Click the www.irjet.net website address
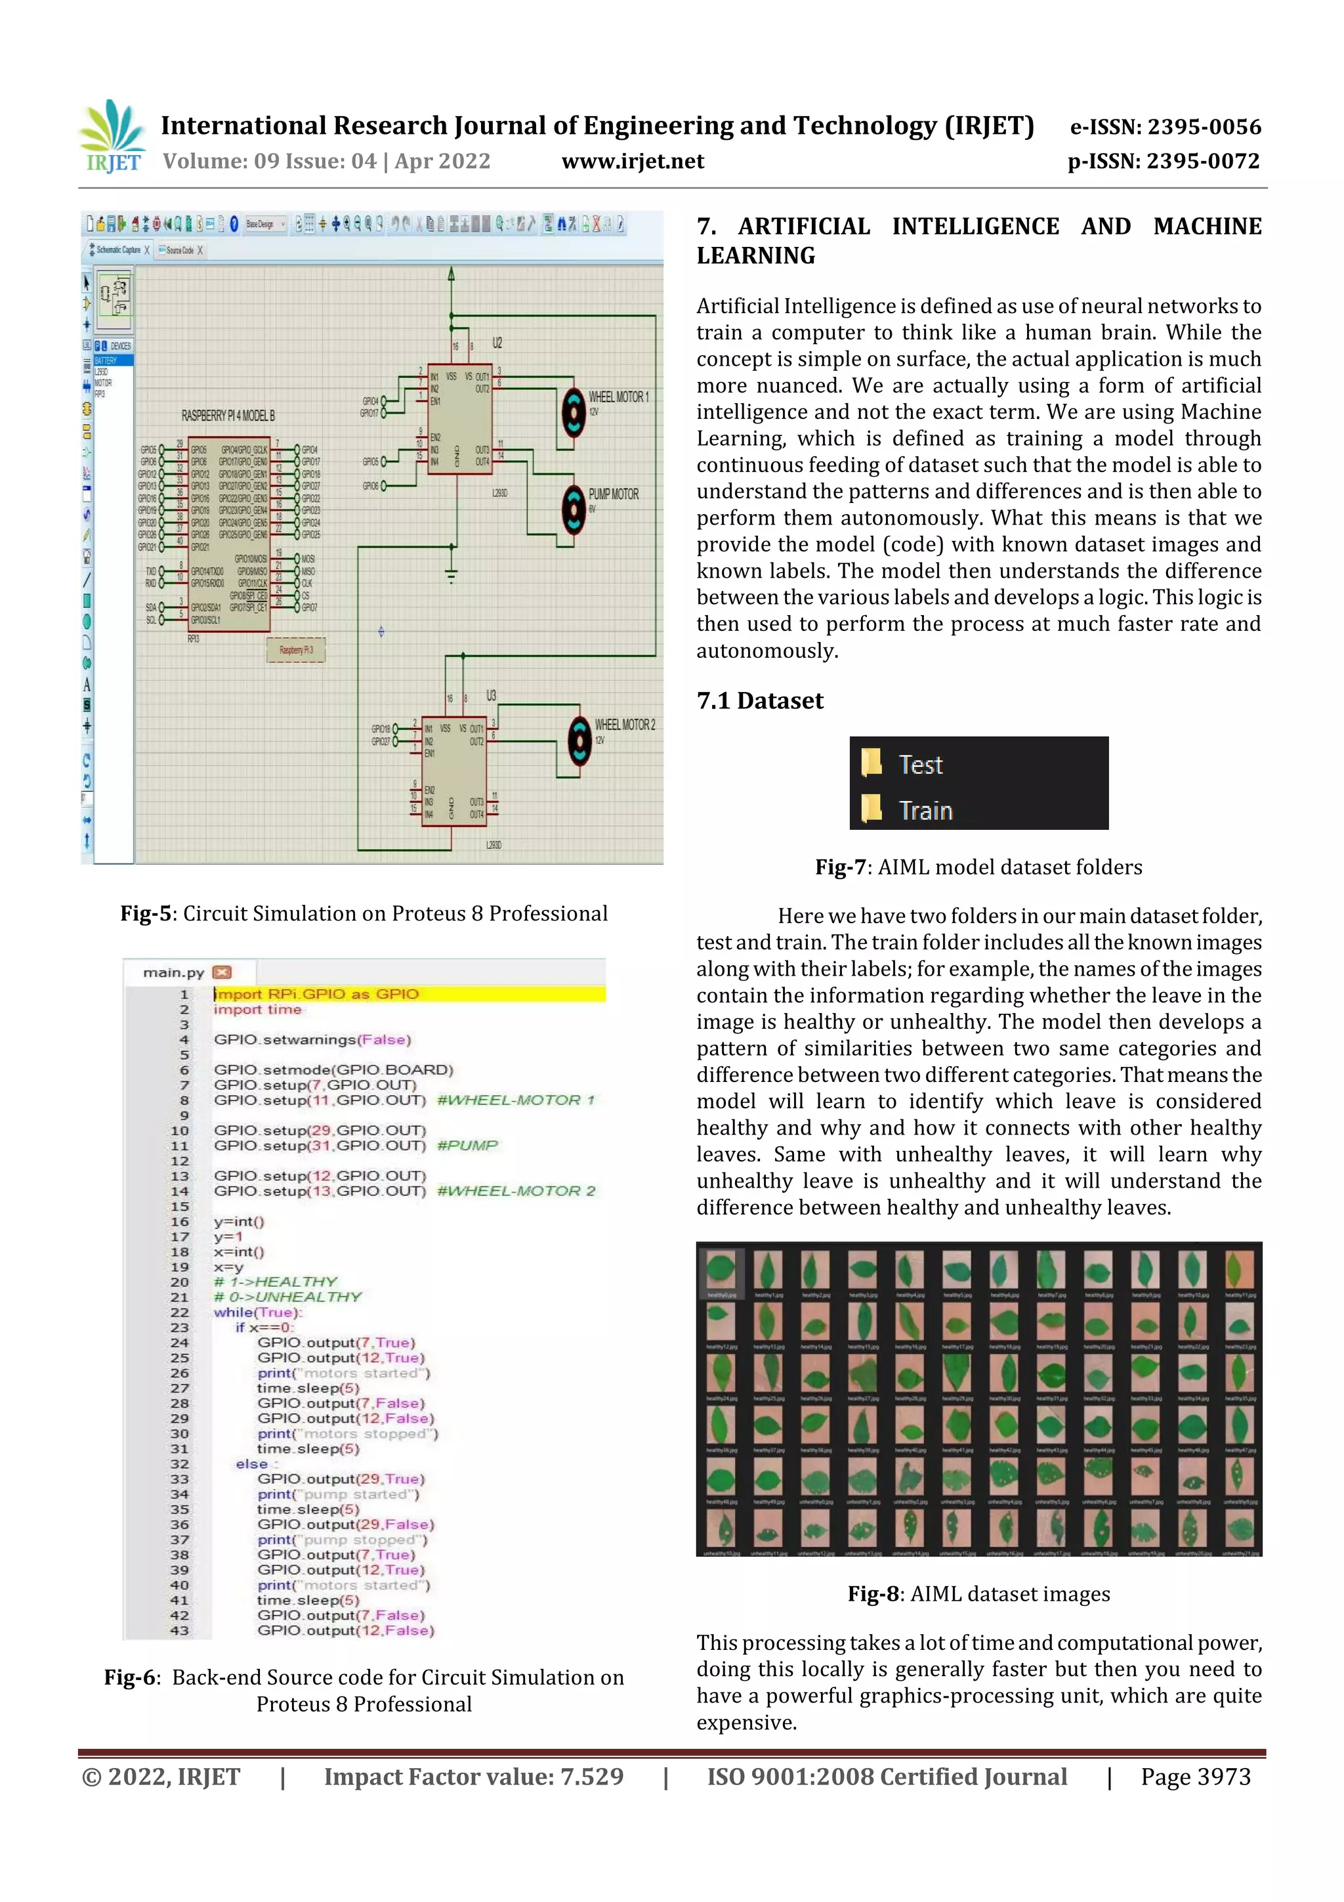click(x=633, y=161)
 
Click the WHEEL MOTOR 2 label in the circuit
click(x=624, y=725)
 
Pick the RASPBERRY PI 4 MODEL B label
click(x=228, y=415)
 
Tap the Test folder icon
click(x=871, y=762)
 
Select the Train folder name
click(x=926, y=810)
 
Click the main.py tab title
click(x=173, y=972)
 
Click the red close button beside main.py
click(x=222, y=972)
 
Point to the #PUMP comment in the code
click(x=467, y=1145)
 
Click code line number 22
click(x=180, y=1312)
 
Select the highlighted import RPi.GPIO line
click(x=317, y=994)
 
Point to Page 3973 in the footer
click(x=1195, y=1777)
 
